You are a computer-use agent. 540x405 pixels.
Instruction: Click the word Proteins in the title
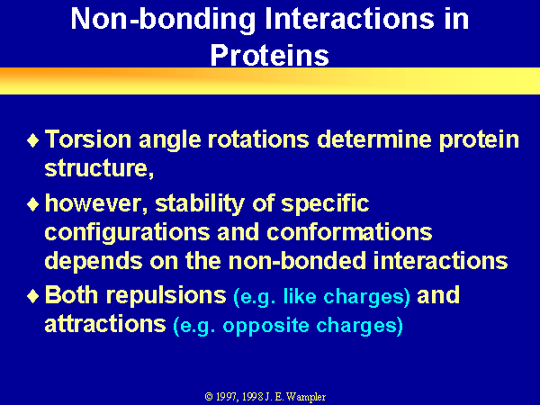pos(270,55)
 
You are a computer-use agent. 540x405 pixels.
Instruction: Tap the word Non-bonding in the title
pos(163,19)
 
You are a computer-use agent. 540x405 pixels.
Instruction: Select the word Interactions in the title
pos(349,18)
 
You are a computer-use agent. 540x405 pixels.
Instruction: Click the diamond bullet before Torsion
pos(32,140)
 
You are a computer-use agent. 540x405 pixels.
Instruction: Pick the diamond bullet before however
pos(32,204)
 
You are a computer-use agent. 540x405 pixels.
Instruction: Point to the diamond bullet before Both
pos(32,296)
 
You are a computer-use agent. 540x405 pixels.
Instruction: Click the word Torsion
pos(88,139)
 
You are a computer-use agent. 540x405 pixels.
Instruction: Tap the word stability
pos(200,204)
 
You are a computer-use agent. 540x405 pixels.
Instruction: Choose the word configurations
pos(127,233)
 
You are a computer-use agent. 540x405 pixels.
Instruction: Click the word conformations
pos(349,232)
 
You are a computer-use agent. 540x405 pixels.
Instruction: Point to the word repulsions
pos(166,295)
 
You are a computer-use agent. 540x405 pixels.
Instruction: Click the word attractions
pos(105,324)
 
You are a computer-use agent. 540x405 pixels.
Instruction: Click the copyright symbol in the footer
pos(209,397)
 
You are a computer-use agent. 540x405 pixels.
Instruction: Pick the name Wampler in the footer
pos(306,397)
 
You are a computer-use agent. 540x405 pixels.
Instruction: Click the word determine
pos(374,139)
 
